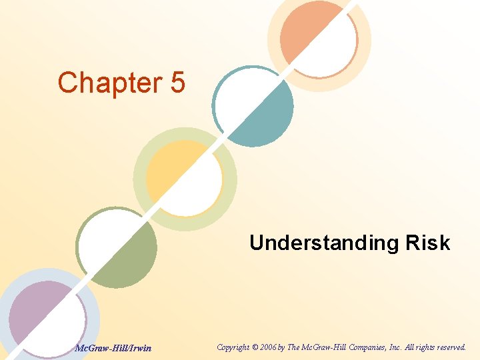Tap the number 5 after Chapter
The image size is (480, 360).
coord(177,83)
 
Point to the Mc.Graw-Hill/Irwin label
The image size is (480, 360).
coord(113,347)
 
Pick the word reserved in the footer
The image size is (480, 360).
coord(449,347)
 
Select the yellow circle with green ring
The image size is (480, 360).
coord(185,177)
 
